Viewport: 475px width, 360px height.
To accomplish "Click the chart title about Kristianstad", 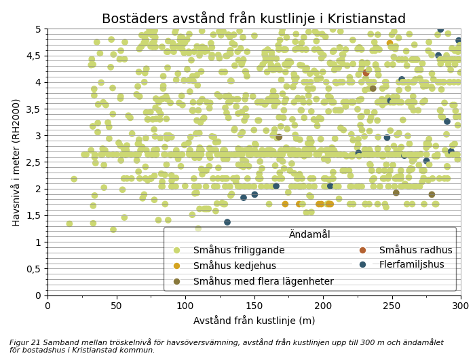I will (253, 18).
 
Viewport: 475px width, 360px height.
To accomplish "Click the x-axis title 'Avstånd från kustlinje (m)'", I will (254, 321).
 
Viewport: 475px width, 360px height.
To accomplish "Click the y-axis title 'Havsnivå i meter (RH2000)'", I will (16, 162).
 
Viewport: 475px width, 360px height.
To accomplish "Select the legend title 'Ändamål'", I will (309, 234).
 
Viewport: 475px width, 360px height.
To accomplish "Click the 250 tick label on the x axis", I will (392, 306).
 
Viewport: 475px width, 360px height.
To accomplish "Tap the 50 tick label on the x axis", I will (116, 306).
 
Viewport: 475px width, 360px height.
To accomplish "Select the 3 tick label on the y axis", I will (38, 135).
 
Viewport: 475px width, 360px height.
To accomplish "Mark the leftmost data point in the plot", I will (69, 223).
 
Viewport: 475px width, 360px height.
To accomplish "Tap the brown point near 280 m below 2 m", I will (432, 194).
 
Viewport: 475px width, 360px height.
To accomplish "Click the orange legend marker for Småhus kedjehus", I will (178, 266).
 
